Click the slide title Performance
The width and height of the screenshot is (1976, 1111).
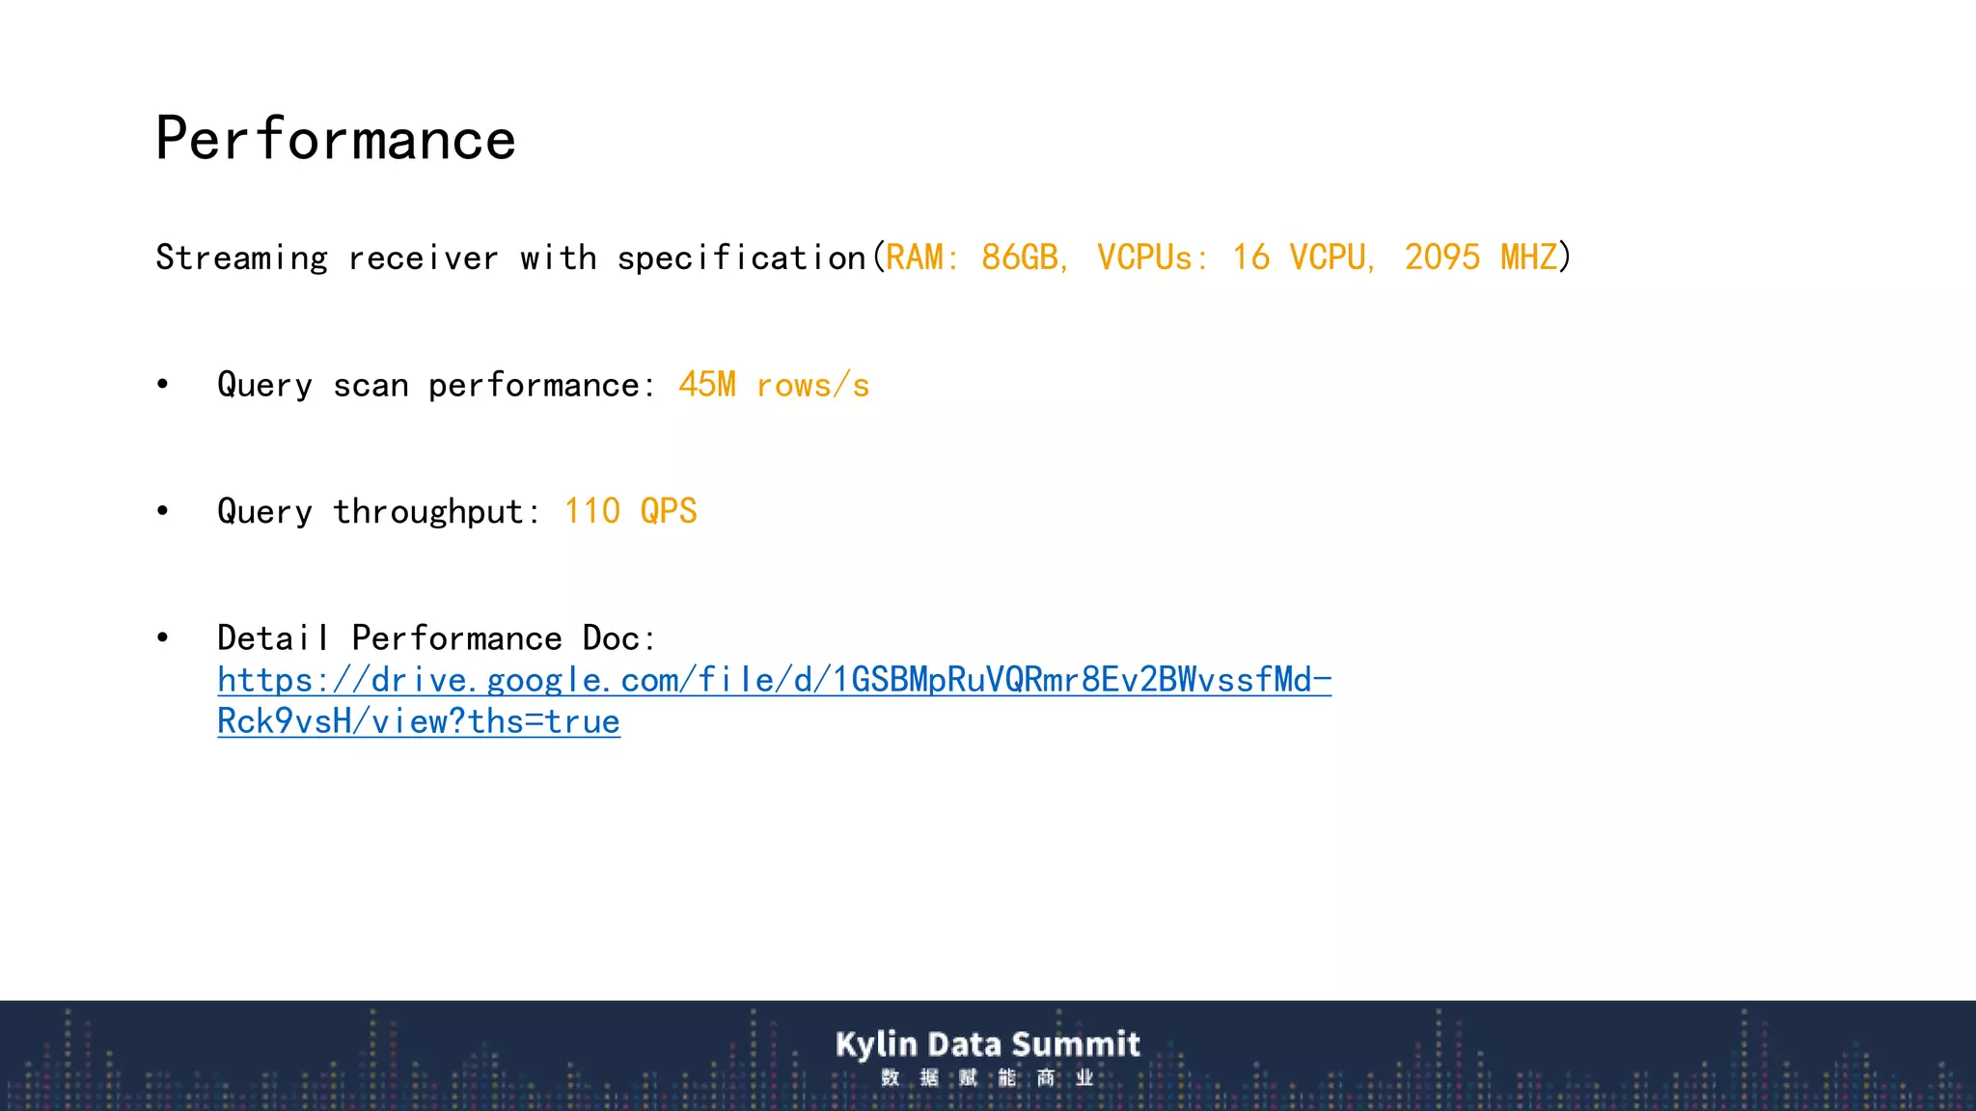click(336, 139)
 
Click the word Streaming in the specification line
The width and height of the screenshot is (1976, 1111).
click(241, 258)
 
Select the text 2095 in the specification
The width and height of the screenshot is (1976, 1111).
click(1441, 257)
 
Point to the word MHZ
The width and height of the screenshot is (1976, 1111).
click(1528, 257)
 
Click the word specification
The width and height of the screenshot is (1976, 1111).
click(741, 258)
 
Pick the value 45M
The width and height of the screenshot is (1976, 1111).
click(707, 385)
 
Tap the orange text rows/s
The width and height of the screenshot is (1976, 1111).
click(812, 386)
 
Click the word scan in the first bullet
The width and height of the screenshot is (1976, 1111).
click(370, 386)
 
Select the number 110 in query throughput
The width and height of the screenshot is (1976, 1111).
click(591, 511)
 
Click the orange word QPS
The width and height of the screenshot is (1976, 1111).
click(668, 511)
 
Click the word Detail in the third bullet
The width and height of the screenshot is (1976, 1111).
click(273, 638)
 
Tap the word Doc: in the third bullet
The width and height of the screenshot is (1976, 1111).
click(619, 638)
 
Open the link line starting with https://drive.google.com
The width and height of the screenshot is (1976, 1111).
click(774, 680)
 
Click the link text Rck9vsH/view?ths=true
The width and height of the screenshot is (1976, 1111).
click(419, 721)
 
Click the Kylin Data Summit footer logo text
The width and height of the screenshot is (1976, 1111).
click(987, 1043)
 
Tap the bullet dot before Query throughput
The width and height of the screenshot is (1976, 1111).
click(163, 511)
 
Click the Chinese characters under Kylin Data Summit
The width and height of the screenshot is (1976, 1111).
click(987, 1077)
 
